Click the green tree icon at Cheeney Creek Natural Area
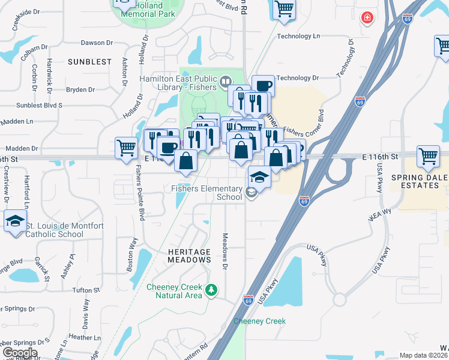coord(211,290)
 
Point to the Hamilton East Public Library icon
coord(226,80)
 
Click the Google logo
coord(20,353)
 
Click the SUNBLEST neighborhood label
coord(89,62)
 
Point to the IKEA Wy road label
coord(379,215)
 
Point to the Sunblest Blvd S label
coord(40,104)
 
